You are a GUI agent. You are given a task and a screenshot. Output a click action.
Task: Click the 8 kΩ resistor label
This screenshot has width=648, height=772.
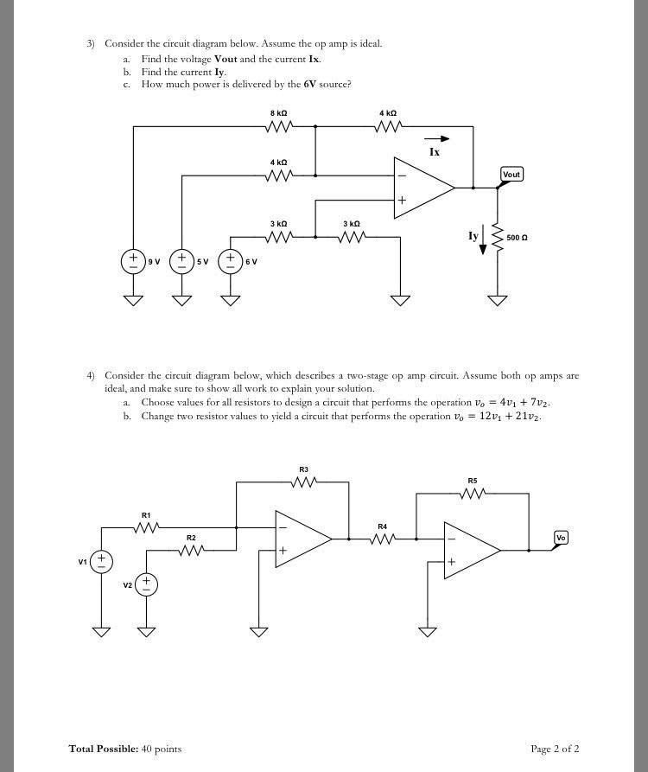pos(278,113)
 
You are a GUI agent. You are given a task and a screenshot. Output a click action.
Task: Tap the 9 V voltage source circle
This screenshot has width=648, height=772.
pos(133,261)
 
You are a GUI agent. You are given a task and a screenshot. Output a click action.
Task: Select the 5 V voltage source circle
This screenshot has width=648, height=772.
pos(182,261)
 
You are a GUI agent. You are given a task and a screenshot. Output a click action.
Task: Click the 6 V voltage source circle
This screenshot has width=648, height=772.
pos(231,261)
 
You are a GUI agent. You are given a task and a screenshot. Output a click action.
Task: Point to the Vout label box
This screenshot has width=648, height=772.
pos(511,175)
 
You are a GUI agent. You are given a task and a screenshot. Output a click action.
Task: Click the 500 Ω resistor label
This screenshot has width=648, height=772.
pos(518,238)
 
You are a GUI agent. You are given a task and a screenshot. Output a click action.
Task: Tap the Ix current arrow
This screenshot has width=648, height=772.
pos(437,139)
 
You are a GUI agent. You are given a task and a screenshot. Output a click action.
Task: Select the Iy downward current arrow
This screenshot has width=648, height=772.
pos(483,239)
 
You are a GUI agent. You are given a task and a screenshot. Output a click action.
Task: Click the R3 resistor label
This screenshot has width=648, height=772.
pos(303,470)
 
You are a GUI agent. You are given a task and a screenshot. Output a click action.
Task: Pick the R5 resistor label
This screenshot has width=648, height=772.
pos(473,481)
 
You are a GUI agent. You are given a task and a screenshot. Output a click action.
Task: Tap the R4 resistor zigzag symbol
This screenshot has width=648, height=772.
pos(383,539)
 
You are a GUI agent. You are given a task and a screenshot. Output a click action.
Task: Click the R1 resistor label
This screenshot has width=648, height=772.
pos(146,515)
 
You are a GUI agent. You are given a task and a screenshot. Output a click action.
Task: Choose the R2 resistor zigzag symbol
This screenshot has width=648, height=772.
pos(192,551)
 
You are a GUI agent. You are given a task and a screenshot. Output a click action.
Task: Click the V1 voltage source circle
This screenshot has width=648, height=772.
pos(101,562)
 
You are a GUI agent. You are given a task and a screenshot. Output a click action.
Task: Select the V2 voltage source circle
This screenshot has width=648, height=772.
pos(146,584)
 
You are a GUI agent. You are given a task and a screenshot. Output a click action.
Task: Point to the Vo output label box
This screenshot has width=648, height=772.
pos(561,538)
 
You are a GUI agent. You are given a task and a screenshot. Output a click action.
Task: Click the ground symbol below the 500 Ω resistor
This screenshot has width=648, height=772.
pos(498,300)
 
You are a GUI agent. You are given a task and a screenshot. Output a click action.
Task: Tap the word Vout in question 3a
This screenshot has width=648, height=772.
pos(226,59)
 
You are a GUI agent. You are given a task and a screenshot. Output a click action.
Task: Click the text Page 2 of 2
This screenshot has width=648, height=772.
pos(555,749)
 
